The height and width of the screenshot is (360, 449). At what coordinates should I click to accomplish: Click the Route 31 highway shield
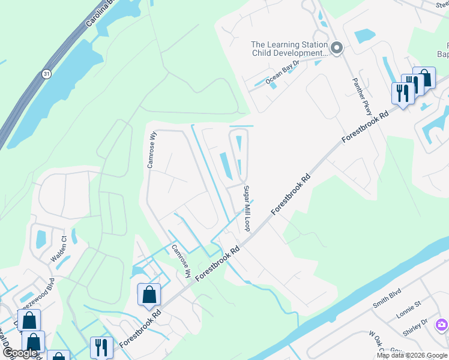(x=46, y=73)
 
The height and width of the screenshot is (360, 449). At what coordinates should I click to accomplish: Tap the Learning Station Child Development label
(x=289, y=49)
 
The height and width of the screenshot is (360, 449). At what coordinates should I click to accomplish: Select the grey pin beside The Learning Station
(x=337, y=49)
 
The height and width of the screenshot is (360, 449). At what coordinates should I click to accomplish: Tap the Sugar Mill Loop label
(x=246, y=208)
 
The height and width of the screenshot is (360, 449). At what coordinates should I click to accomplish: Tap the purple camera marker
(x=442, y=325)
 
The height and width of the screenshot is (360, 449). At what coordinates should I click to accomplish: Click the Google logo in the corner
(x=20, y=353)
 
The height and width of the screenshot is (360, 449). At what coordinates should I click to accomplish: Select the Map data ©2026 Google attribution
(x=412, y=355)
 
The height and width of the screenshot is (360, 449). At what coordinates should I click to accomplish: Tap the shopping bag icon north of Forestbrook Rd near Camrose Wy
(x=149, y=295)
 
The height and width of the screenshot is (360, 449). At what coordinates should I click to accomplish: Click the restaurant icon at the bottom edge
(x=101, y=347)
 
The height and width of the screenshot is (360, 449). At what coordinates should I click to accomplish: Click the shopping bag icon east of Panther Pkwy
(x=424, y=77)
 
